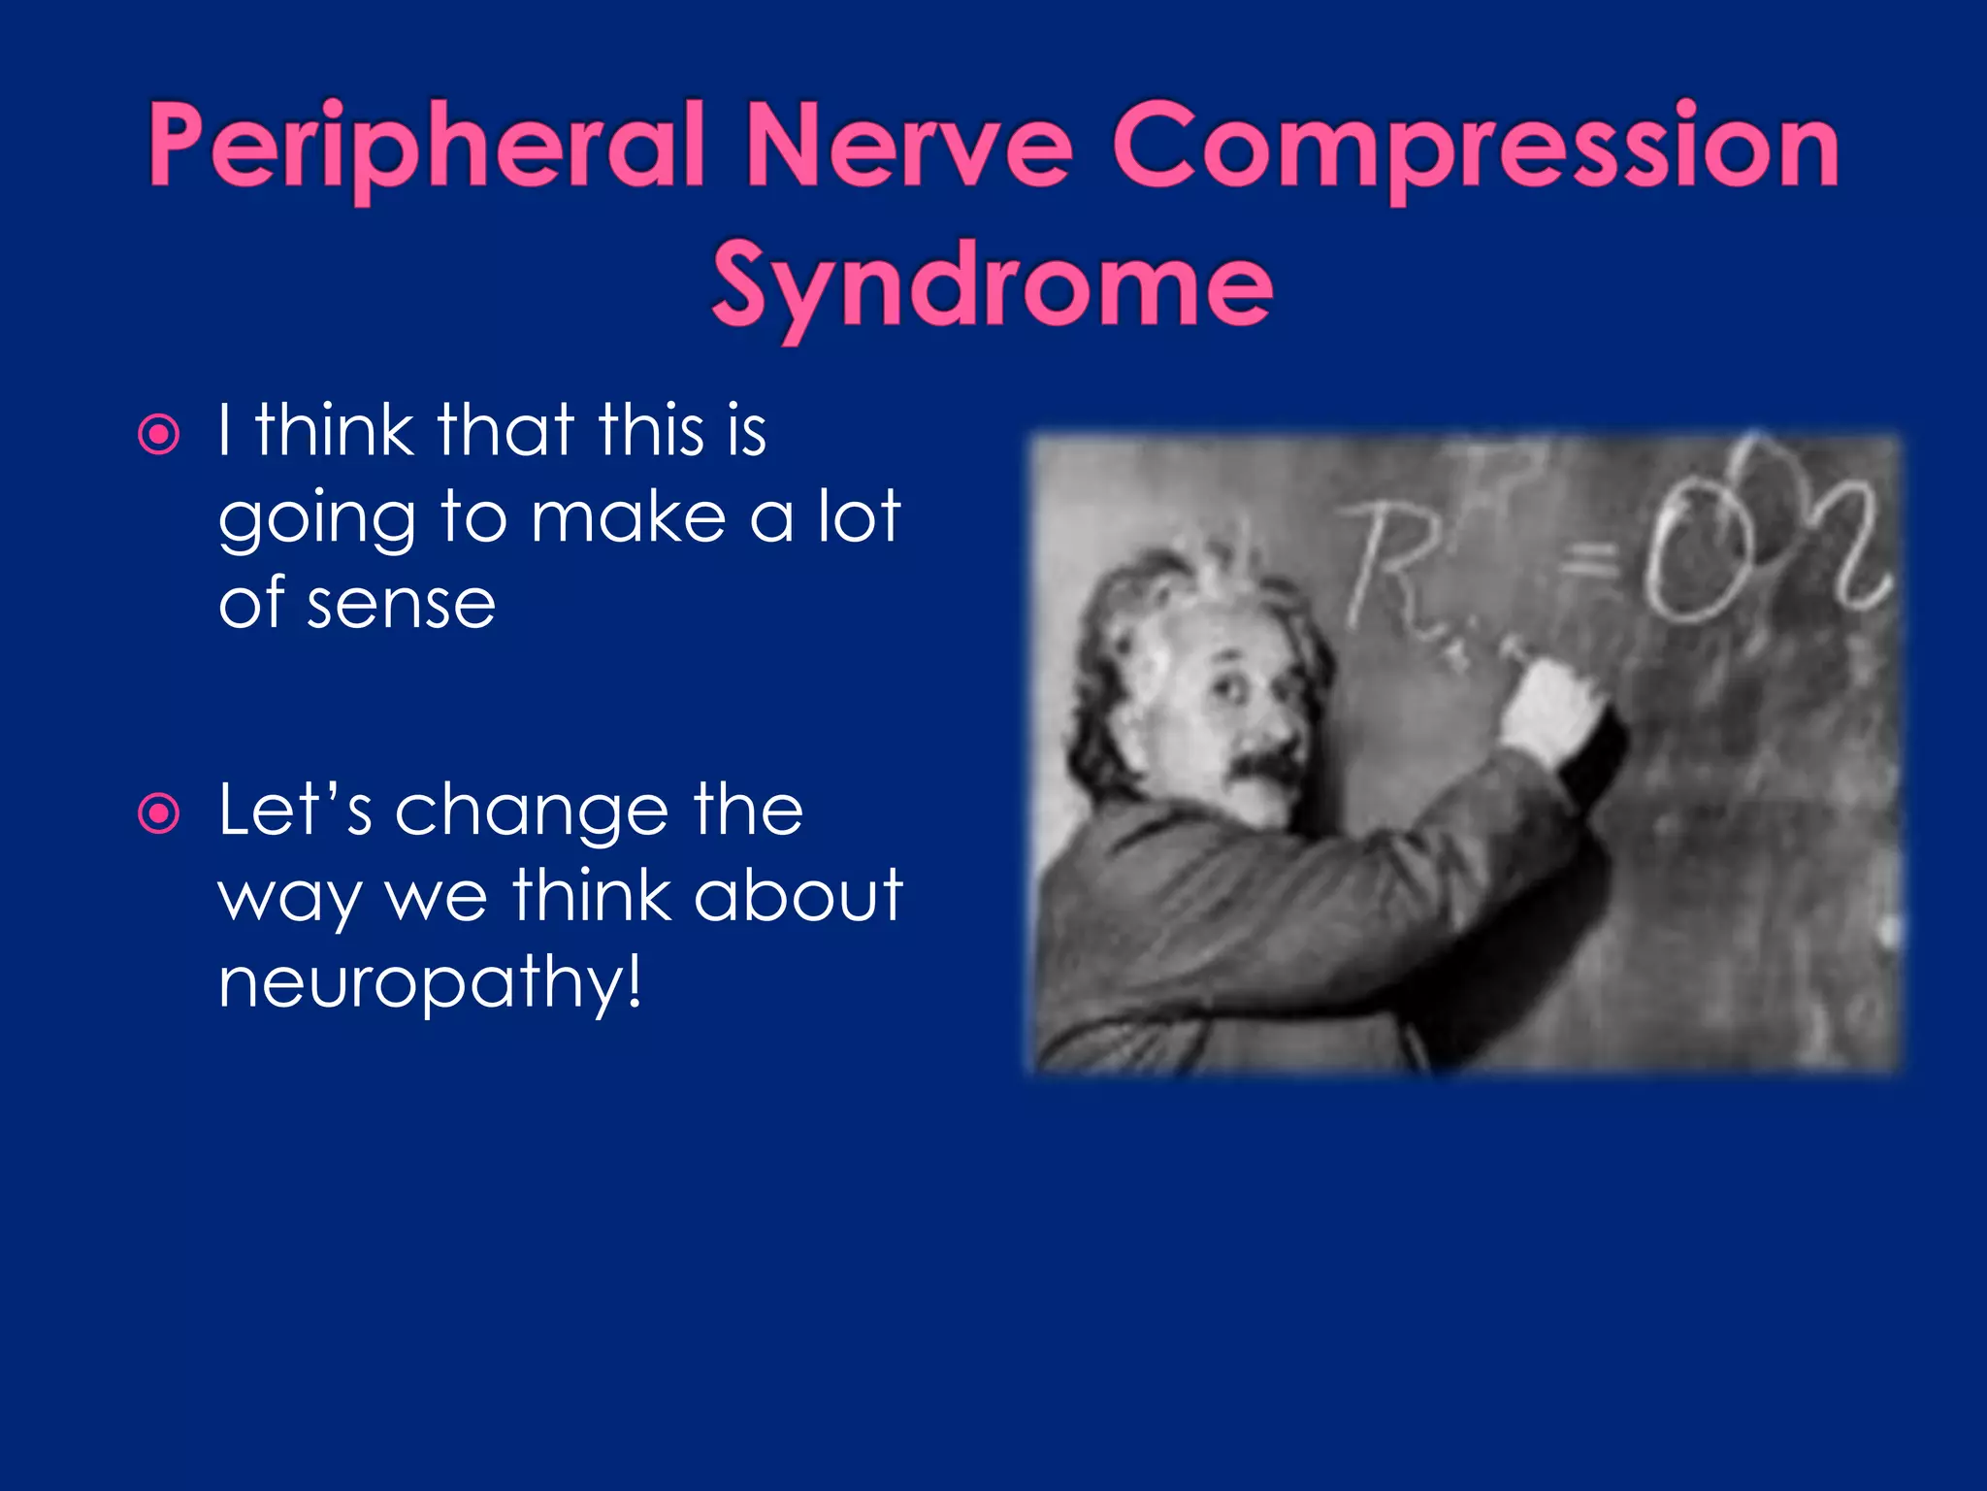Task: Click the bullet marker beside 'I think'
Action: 159,435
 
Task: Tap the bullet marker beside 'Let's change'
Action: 159,813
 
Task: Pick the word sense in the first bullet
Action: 401,604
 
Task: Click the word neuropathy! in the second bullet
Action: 430,982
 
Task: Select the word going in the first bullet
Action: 316,520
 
